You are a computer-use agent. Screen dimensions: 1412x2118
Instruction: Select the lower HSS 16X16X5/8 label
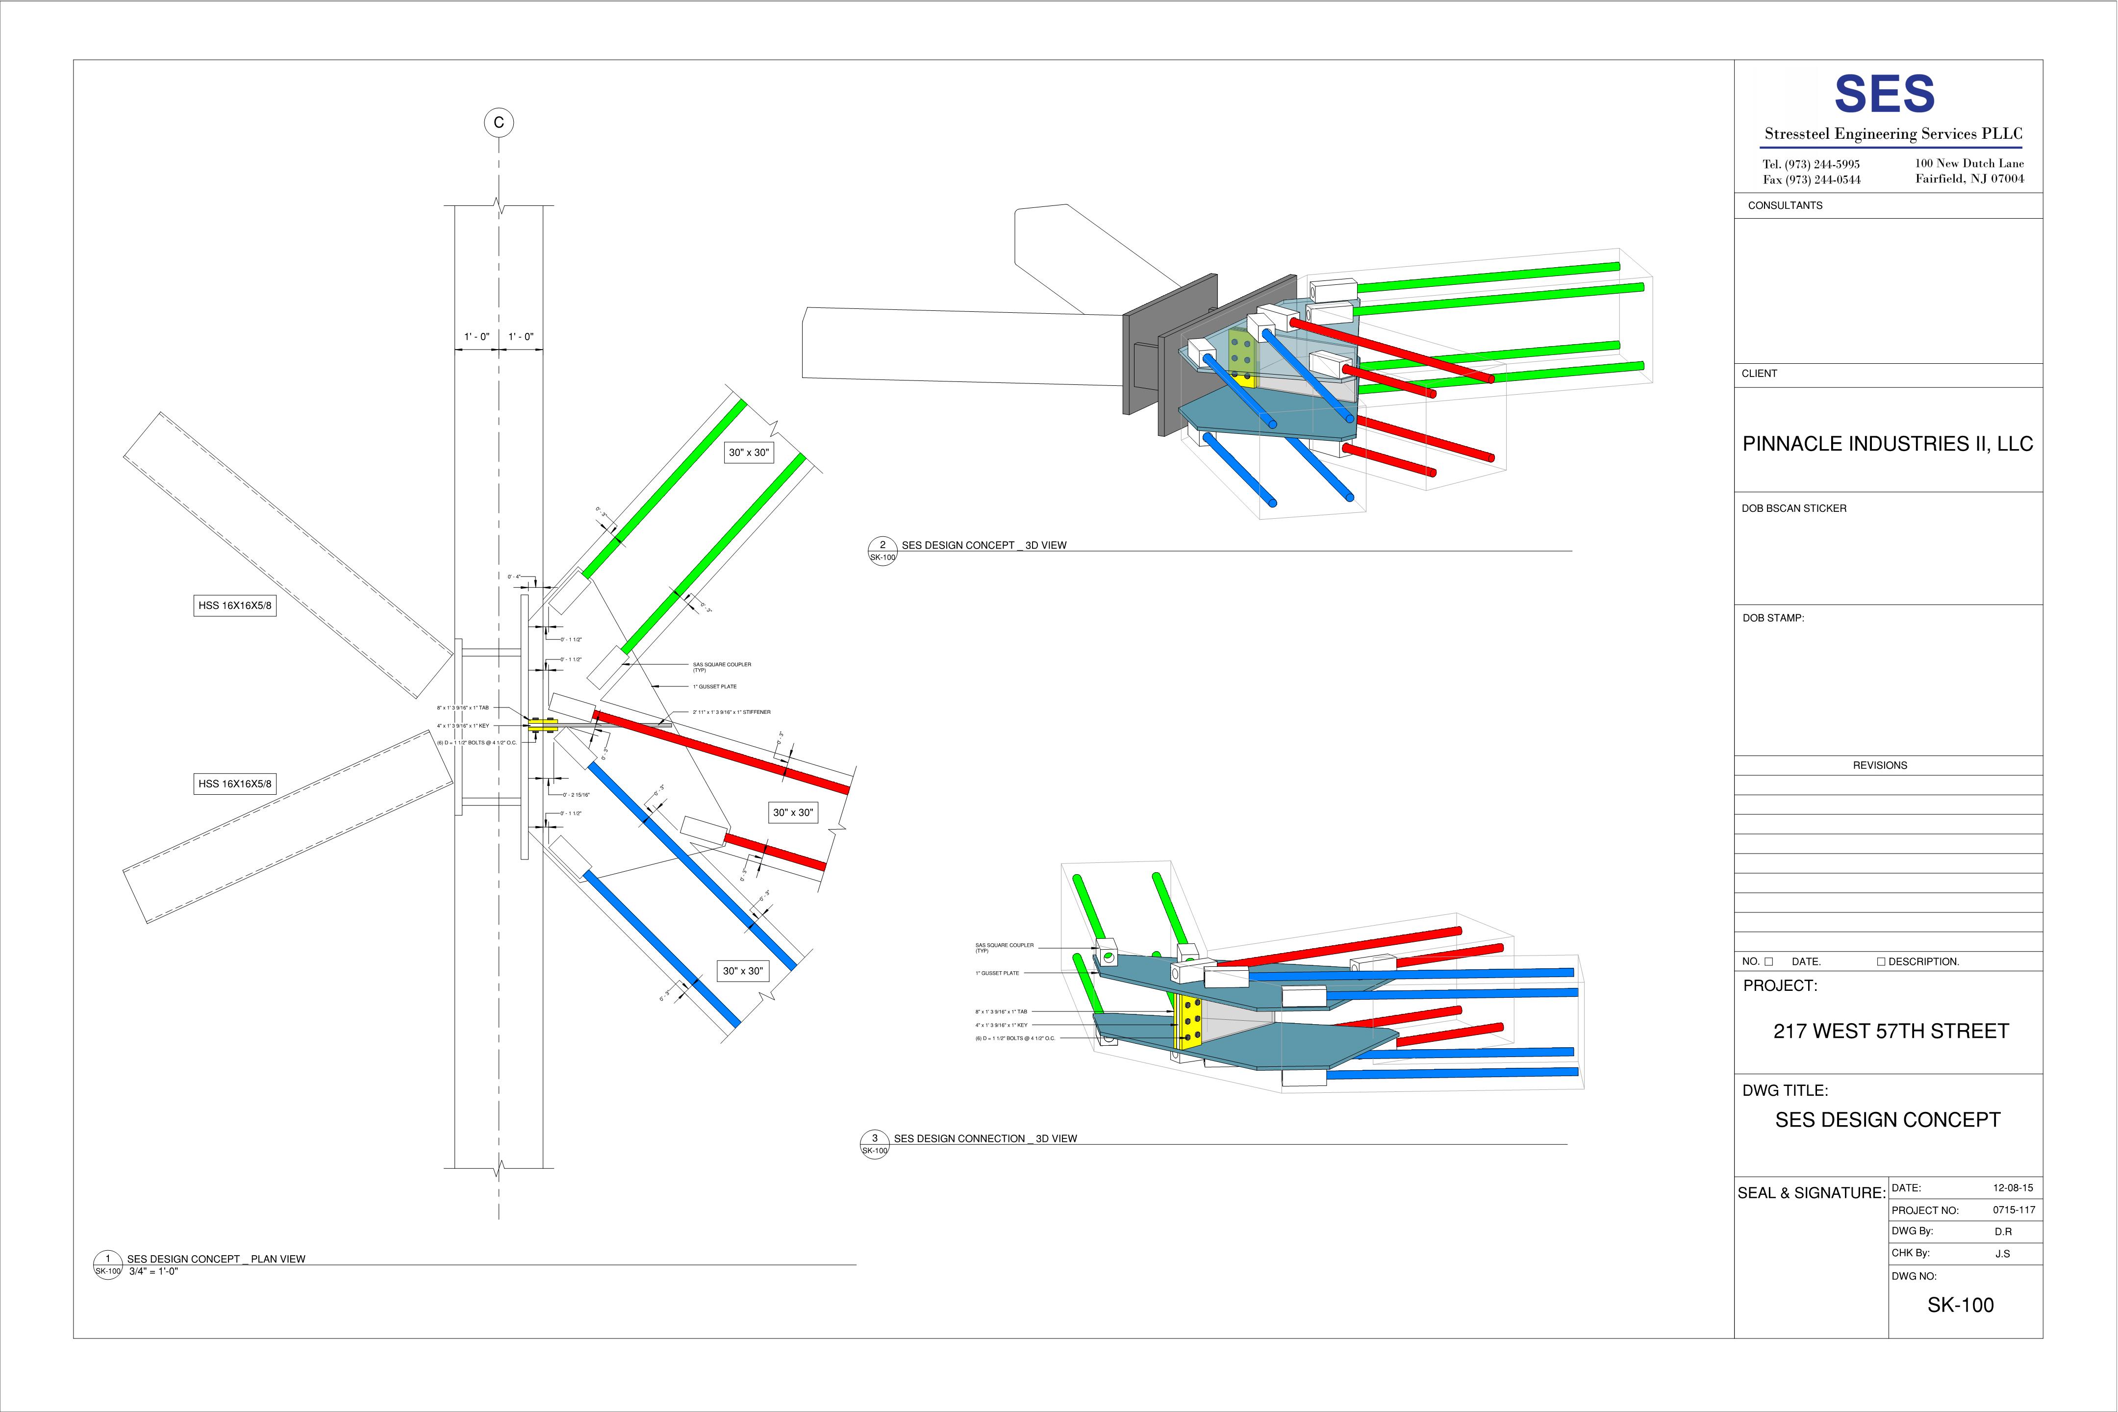point(234,783)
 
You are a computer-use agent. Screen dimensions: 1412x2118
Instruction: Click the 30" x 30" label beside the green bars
point(748,452)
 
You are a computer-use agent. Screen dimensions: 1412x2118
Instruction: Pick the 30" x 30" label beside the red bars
point(792,812)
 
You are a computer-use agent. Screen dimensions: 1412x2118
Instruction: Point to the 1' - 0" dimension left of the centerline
point(477,337)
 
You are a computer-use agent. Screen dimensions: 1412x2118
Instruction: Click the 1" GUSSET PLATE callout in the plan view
point(714,687)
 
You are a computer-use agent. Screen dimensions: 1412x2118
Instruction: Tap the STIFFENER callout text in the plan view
point(731,712)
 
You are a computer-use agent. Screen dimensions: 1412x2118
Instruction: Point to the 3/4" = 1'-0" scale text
point(153,1271)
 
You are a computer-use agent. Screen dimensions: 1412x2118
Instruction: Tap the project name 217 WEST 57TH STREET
point(1890,1031)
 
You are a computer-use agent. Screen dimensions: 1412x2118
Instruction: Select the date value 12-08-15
point(2013,1188)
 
